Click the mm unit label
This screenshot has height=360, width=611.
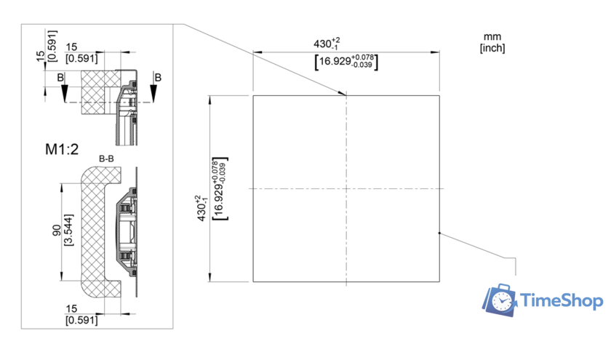pyautogui.click(x=492, y=36)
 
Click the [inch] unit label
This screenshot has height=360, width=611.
pyautogui.click(x=492, y=48)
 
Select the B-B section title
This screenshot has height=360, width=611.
pyautogui.click(x=105, y=158)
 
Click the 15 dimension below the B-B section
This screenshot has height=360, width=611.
pyautogui.click(x=71, y=308)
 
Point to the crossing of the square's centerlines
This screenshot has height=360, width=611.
pyautogui.click(x=346, y=188)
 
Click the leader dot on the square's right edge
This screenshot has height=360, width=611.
pyautogui.click(x=439, y=233)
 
